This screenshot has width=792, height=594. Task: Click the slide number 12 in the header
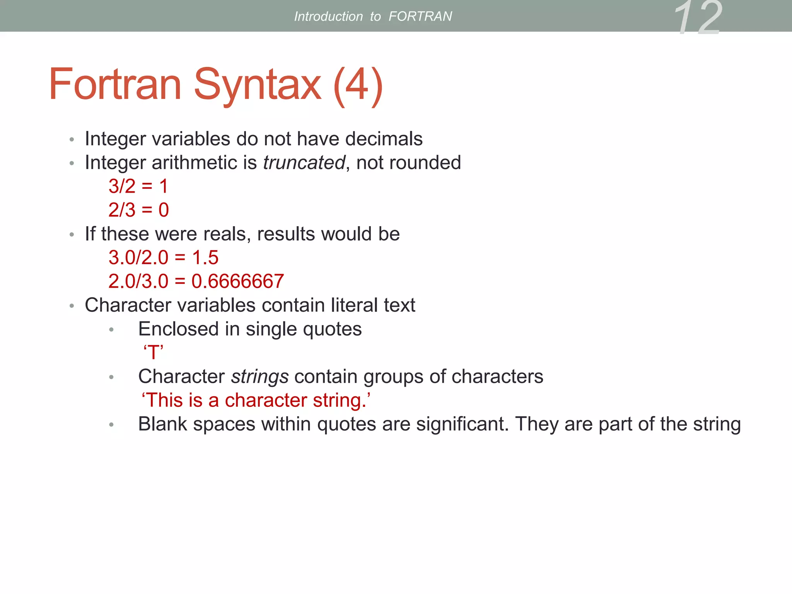698,17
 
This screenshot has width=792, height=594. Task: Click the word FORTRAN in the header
420,16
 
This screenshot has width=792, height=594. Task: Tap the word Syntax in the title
257,85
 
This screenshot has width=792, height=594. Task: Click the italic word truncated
304,162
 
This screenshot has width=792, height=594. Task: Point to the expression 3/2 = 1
138,186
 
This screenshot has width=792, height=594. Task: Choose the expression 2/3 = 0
138,210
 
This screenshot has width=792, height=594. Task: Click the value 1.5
205,258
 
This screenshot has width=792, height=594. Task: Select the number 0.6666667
237,281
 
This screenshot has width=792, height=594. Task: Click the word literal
354,305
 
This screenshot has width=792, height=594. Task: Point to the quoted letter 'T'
154,353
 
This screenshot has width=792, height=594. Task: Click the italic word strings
260,377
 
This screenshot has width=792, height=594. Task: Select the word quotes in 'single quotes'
332,329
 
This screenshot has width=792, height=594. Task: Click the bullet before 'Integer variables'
72,140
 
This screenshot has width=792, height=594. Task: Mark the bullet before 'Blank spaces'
111,425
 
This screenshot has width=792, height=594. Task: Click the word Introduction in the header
328,16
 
